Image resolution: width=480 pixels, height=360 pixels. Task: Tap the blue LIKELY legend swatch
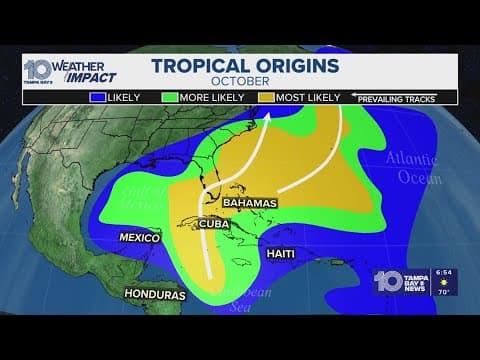(99, 98)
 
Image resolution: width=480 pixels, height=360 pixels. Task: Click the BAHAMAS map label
(249, 202)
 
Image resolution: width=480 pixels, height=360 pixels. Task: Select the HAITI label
(281, 255)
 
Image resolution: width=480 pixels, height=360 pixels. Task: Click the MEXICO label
(140, 240)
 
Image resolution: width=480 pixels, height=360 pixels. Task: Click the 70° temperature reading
(447, 291)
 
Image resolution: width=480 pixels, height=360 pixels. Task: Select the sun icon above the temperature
(446, 282)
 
